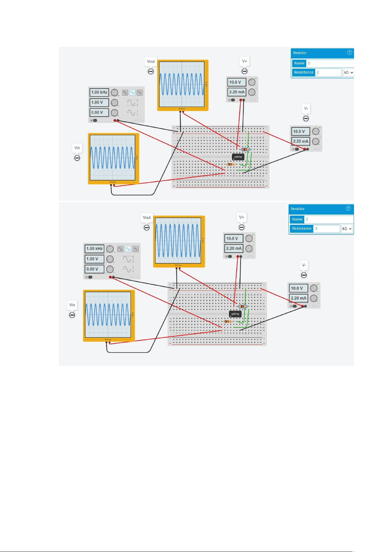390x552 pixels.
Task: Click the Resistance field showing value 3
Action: pyautogui.click(x=326, y=229)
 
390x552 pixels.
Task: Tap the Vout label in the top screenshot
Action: pyautogui.click(x=151, y=61)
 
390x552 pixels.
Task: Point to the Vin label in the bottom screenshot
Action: pyautogui.click(x=72, y=305)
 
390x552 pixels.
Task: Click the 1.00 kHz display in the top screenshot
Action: pyautogui.click(x=99, y=92)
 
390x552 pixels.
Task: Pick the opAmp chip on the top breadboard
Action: pyautogui.click(x=238, y=157)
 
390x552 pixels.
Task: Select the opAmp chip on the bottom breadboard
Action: pyautogui.click(x=235, y=314)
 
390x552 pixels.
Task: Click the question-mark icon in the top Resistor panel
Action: pyautogui.click(x=349, y=52)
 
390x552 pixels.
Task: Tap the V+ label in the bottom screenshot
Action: pyautogui.click(x=241, y=217)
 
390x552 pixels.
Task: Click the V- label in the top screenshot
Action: pyautogui.click(x=306, y=108)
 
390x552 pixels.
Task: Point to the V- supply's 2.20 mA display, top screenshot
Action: pyautogui.click(x=300, y=142)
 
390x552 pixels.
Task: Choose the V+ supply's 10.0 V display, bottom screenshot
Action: pyautogui.click(x=233, y=238)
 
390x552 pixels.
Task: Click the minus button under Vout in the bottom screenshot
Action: pyautogui.click(x=147, y=227)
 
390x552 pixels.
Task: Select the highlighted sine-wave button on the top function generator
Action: pyautogui.click(x=132, y=92)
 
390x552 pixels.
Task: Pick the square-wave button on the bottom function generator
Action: pyautogui.click(x=120, y=249)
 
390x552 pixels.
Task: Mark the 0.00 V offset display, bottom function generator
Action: pyautogui.click(x=94, y=269)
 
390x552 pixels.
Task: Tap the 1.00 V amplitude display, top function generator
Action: pyautogui.click(x=99, y=103)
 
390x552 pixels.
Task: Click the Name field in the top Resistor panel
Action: pyautogui.click(x=330, y=63)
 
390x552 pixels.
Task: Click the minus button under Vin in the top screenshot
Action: pyautogui.click(x=77, y=158)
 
